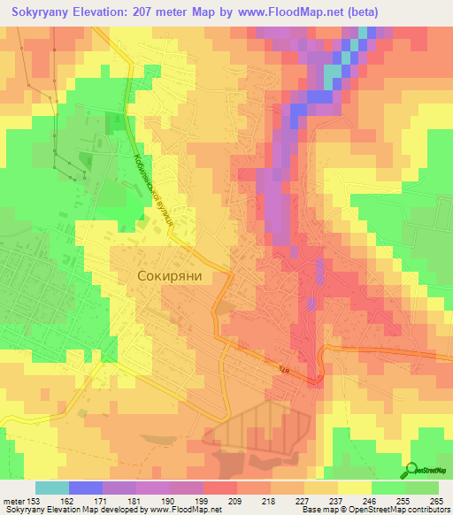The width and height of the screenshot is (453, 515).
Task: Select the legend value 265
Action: point(436,500)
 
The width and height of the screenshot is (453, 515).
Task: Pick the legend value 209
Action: point(238,500)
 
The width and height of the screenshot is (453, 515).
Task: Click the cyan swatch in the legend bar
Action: point(51,488)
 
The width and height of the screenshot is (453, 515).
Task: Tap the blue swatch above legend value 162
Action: point(85,488)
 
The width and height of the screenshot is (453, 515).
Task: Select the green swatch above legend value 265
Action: point(422,488)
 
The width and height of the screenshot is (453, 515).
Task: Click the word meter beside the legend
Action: point(17,500)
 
